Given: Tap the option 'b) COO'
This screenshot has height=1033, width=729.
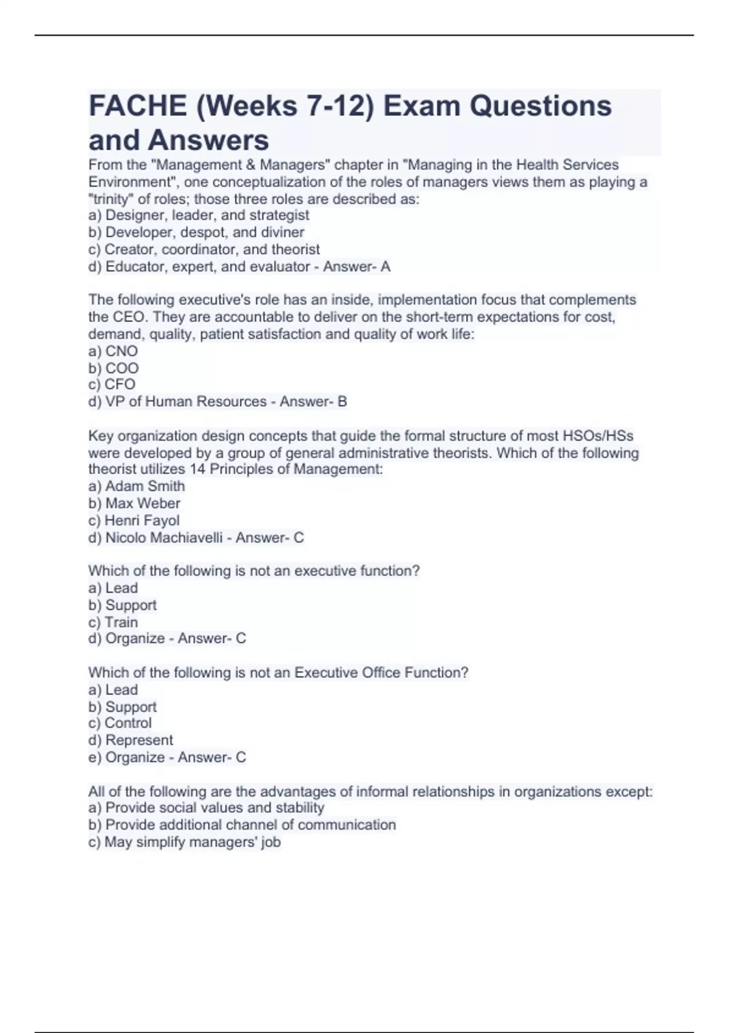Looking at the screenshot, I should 114,368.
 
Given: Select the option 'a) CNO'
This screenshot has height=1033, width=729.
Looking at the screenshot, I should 113,351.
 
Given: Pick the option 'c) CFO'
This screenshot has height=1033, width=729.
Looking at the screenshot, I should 112,384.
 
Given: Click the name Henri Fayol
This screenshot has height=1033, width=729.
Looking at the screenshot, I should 142,520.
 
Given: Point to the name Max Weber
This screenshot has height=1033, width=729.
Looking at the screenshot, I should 143,503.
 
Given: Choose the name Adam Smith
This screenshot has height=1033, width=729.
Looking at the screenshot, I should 145,486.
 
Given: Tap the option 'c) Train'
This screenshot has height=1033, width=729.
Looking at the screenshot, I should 113,622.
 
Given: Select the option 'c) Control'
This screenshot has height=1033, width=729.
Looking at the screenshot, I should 120,723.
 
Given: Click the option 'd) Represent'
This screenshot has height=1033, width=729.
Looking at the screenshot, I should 131,740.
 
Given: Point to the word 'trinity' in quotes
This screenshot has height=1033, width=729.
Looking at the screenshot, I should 111,199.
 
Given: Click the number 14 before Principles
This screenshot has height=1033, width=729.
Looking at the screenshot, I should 197,469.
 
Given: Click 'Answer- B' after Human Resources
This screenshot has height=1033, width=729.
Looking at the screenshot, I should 313,401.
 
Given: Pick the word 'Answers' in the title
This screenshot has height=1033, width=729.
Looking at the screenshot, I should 208,140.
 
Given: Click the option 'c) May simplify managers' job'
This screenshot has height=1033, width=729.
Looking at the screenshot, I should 185,842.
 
